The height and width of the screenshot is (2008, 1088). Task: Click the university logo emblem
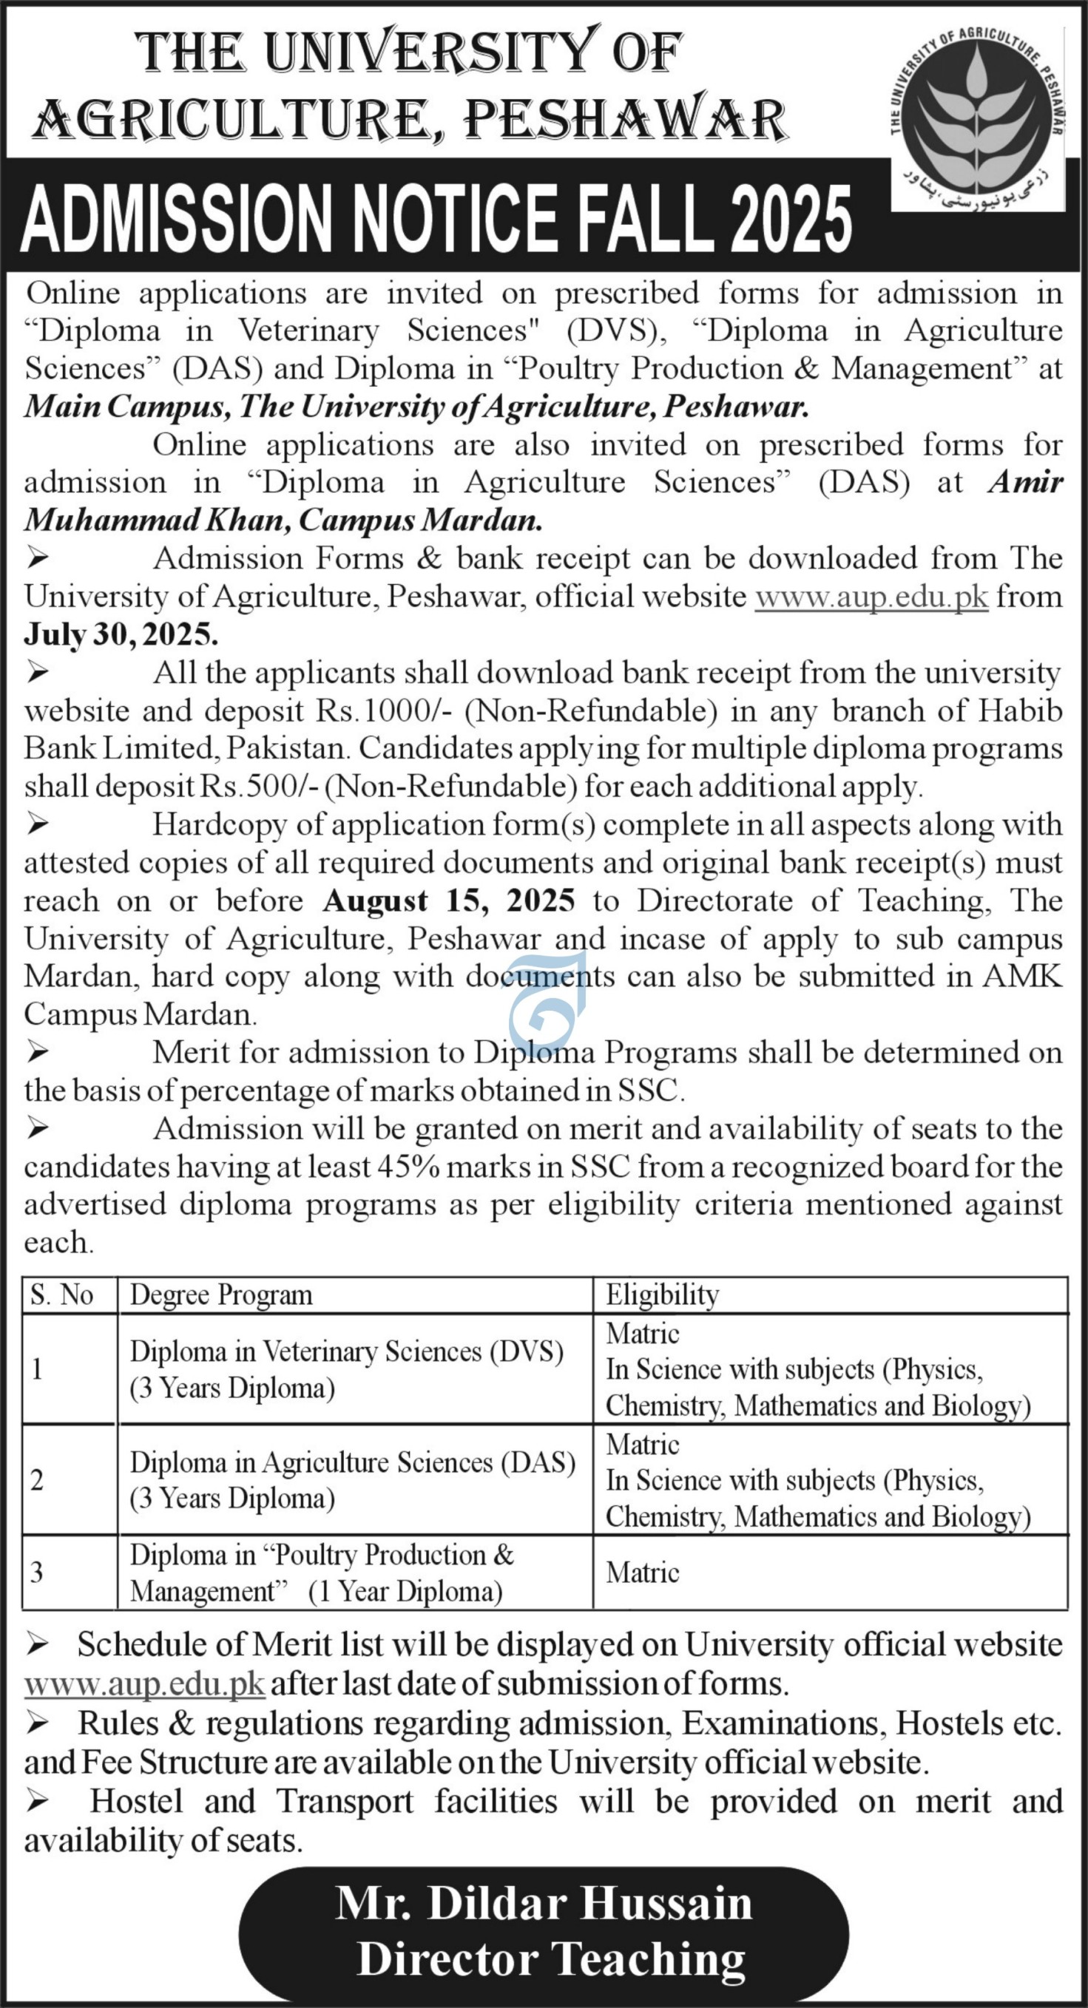tap(977, 117)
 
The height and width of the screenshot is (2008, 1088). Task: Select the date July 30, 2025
tap(121, 634)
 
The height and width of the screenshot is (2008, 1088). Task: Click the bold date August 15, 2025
tap(448, 901)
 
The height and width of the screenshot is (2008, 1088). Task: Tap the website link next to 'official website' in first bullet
tap(871, 597)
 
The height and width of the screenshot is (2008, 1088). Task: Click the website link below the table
tap(144, 1683)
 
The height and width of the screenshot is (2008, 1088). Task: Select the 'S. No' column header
tap(61, 1295)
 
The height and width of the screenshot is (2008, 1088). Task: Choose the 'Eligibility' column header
tap(662, 1295)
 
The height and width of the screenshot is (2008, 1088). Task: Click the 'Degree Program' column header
tap(220, 1295)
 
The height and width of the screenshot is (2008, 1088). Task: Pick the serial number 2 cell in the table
tap(38, 1480)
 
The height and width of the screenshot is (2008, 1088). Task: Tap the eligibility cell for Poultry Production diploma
tap(643, 1573)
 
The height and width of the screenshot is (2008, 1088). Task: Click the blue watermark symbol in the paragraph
tap(546, 1005)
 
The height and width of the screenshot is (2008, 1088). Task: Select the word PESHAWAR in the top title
tap(624, 121)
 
